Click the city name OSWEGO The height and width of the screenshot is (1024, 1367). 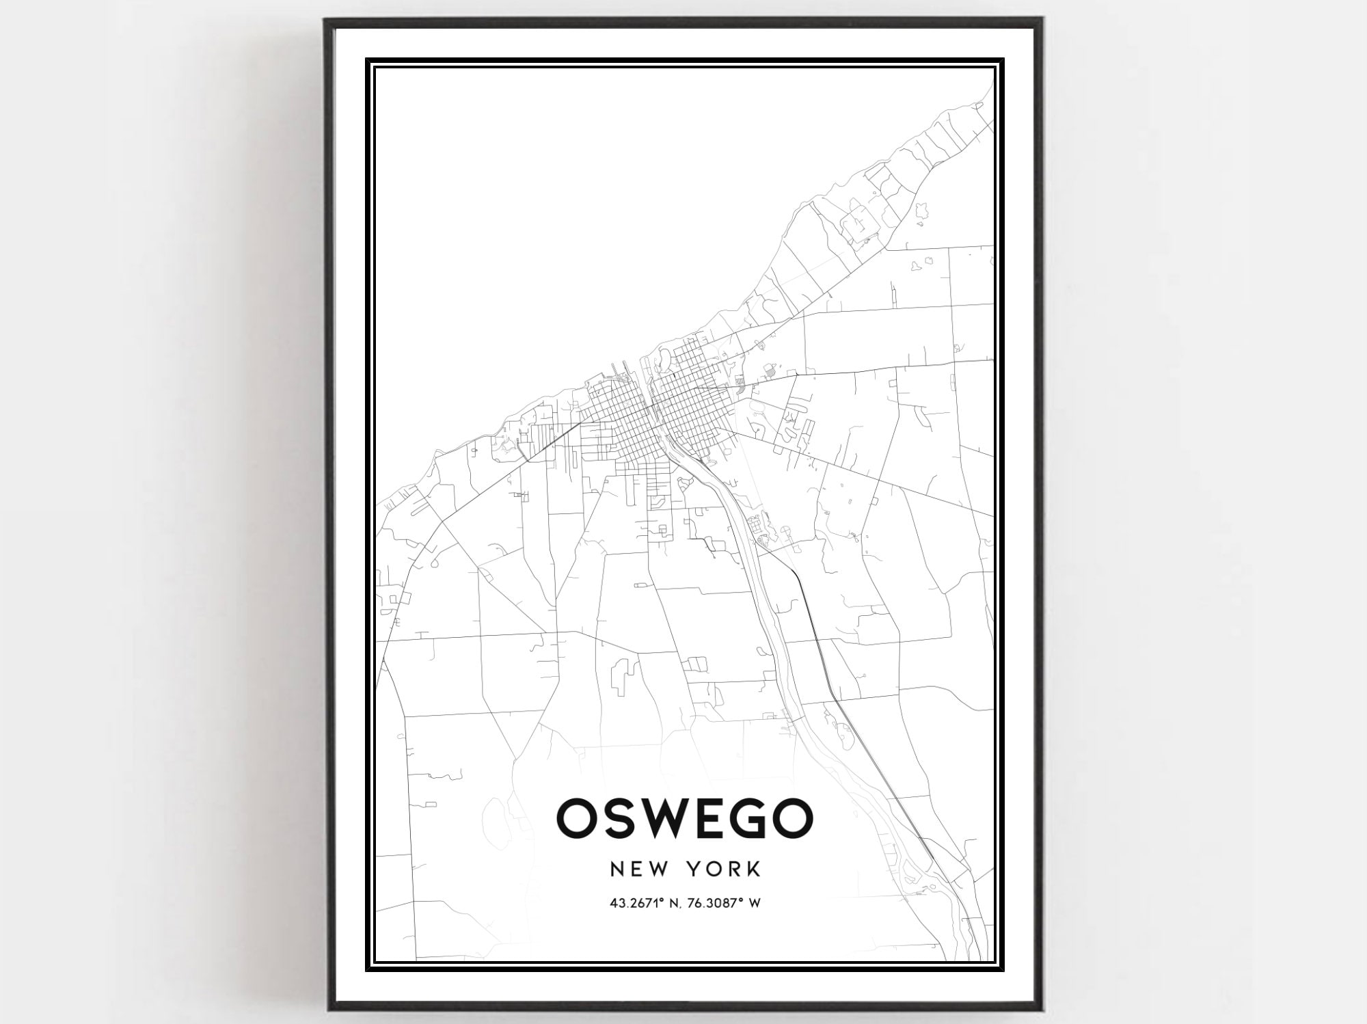pos(685,818)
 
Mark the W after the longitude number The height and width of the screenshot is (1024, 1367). pos(755,903)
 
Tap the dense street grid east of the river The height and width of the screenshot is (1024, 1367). pos(687,396)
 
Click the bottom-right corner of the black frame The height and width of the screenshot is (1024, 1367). pos(1040,1008)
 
